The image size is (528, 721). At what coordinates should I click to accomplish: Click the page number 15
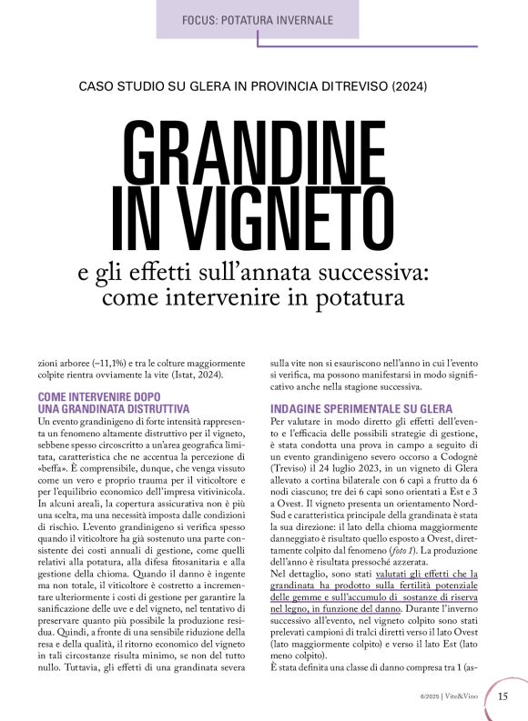pos(503,696)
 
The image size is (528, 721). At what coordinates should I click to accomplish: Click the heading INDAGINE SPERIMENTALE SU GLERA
pos(361,409)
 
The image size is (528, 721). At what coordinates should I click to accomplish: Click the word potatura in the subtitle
pos(363,296)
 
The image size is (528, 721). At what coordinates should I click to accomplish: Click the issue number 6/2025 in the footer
pos(430,697)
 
